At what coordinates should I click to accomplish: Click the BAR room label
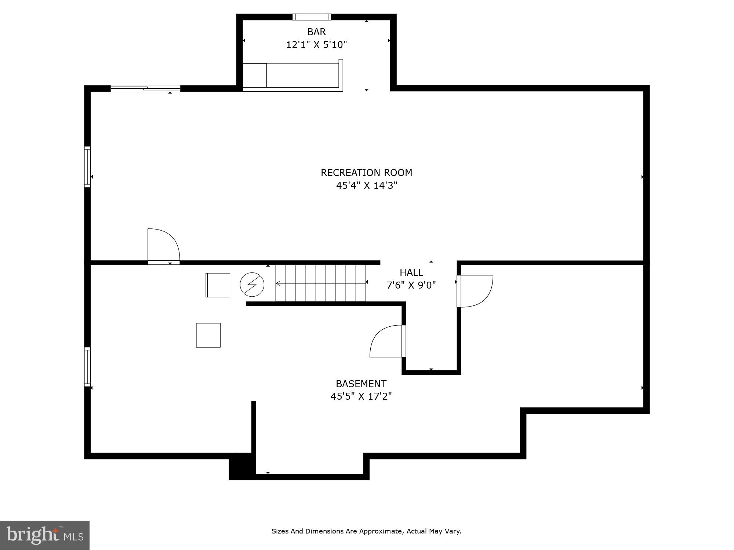click(x=316, y=32)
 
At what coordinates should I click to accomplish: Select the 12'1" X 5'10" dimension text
click(x=316, y=45)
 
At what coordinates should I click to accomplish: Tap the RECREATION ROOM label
click(x=366, y=173)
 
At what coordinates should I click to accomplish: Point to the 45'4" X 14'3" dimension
click(x=366, y=186)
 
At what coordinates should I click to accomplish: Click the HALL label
click(x=411, y=272)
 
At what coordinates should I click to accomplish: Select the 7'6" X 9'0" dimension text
click(x=411, y=285)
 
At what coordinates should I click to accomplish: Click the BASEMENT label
click(x=361, y=384)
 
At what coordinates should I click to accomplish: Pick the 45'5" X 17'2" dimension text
click(x=361, y=396)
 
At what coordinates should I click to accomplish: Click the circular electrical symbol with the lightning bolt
click(x=252, y=285)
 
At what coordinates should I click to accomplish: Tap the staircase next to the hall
click(x=321, y=283)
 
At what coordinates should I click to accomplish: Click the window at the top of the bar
click(x=312, y=17)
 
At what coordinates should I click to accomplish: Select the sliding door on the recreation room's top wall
click(x=145, y=88)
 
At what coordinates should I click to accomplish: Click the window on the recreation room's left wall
click(x=87, y=167)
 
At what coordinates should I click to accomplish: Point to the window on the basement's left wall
click(x=87, y=367)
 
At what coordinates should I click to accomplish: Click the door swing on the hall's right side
click(x=475, y=291)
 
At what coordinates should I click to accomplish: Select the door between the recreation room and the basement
click(x=164, y=246)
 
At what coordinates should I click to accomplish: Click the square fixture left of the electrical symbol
click(x=218, y=285)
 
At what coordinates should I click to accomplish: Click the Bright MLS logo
click(x=44, y=535)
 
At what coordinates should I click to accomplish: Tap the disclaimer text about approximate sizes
click(x=366, y=531)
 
